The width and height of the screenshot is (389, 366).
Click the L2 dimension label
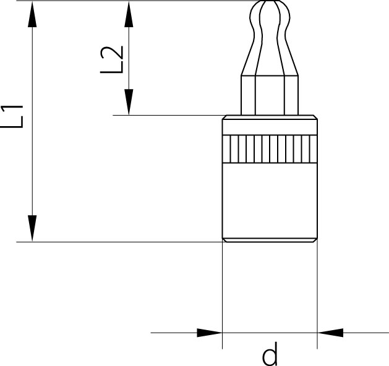click(112, 60)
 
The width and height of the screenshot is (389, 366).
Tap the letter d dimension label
click(270, 354)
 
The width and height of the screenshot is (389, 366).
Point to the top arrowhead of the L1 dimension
click(32, 14)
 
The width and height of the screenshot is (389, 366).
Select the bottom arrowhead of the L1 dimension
click(32, 228)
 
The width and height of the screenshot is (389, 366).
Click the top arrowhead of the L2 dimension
click(129, 14)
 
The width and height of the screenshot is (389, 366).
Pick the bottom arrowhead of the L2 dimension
click(129, 102)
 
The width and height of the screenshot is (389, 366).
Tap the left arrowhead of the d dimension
click(210, 333)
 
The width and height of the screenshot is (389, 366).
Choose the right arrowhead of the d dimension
click(330, 333)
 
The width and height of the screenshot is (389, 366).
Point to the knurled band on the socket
click(270, 149)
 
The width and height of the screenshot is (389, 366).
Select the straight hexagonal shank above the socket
click(270, 95)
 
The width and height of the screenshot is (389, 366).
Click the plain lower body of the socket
click(270, 200)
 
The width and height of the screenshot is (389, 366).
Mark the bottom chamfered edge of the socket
click(270, 240)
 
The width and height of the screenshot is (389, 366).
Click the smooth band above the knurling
click(270, 127)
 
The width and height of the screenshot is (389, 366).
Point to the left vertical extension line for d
click(222, 296)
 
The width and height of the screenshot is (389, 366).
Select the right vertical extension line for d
click(317, 294)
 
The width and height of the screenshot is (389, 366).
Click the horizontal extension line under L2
click(169, 115)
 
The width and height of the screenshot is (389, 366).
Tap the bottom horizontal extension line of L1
click(119, 242)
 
